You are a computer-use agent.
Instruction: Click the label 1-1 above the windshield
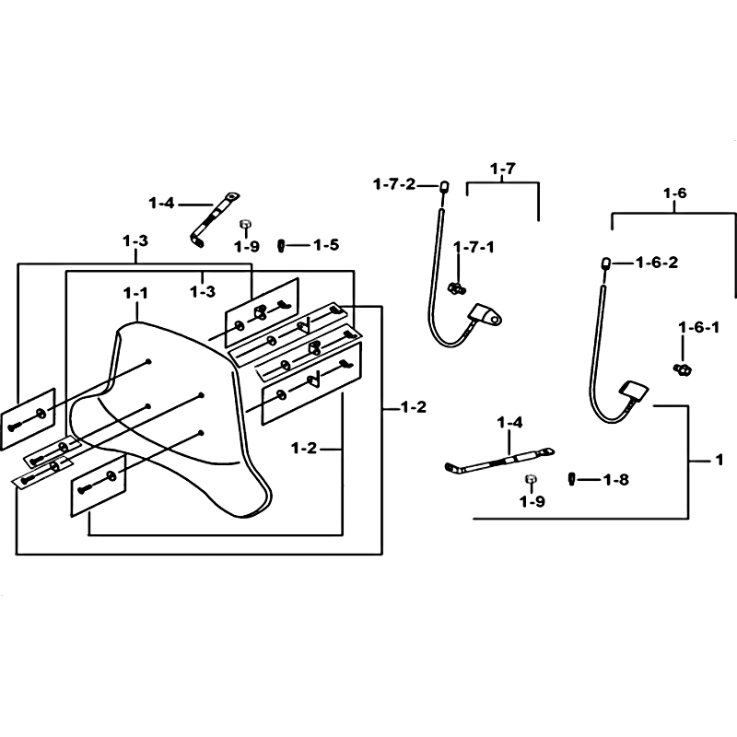point(135,293)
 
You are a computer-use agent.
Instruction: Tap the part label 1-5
point(326,245)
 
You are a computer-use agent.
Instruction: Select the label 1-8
point(615,480)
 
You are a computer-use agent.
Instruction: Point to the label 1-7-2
point(394,184)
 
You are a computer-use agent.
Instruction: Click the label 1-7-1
point(474,247)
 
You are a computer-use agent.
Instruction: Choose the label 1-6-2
point(657,263)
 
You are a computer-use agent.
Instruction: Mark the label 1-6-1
point(699,327)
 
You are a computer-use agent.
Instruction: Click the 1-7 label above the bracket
point(502,169)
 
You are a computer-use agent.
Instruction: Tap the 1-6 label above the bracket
point(674,193)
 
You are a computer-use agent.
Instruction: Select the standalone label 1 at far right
point(719,460)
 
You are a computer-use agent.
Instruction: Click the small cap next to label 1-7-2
point(444,187)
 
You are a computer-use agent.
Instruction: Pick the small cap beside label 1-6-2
point(606,262)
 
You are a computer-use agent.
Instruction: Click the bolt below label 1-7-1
point(456,287)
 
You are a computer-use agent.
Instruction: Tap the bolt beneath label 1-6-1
point(682,369)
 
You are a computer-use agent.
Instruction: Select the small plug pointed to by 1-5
point(282,245)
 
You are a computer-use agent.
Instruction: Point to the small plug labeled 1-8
point(571,479)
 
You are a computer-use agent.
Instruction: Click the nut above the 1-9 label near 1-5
point(244,224)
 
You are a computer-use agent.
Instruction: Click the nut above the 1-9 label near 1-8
point(532,479)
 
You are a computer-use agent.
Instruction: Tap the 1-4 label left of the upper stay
point(161,203)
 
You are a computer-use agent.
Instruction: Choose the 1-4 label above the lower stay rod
point(509,423)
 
